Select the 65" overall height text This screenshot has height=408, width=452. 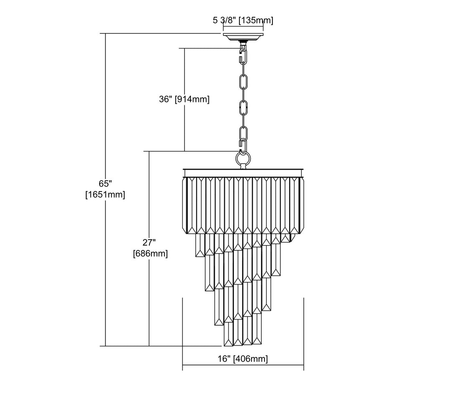point(105,184)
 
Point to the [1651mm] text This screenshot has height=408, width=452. point(105,194)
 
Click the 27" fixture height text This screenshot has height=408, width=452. point(149,242)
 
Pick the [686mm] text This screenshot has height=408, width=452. point(150,253)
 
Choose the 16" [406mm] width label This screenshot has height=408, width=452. point(243,359)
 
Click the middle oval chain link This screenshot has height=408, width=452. point(243,107)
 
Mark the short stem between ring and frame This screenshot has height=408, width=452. point(243,167)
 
